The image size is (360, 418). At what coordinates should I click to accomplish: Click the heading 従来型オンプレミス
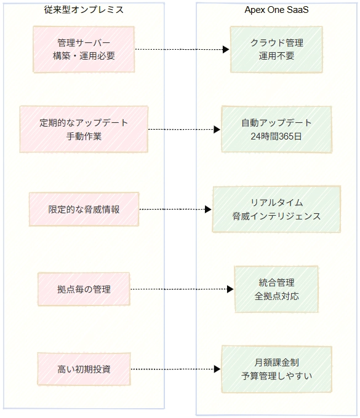coord(84,10)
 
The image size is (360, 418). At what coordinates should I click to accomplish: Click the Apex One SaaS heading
coord(276,10)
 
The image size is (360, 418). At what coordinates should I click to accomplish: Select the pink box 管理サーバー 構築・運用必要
coord(84,49)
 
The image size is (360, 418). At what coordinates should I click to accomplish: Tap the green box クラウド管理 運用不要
coord(276,49)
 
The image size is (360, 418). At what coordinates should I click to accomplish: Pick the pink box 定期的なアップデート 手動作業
coord(84,129)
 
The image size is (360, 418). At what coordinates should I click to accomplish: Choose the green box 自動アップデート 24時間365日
coord(276,129)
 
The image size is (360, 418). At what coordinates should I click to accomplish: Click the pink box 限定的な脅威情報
coord(84,209)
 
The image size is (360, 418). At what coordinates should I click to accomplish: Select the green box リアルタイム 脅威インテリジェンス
coord(276,209)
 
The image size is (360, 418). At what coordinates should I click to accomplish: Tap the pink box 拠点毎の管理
coord(84,290)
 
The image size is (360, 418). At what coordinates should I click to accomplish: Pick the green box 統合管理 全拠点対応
coord(276,290)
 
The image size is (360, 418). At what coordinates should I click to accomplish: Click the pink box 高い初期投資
coord(84,369)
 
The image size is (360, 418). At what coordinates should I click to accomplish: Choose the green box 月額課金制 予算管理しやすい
coord(276,369)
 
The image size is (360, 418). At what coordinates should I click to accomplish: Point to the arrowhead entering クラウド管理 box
coord(226,49)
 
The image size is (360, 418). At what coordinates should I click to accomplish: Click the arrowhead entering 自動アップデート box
coord(217,129)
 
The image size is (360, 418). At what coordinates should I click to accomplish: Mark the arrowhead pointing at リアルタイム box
coord(208,209)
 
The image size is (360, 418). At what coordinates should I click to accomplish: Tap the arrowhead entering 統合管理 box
coord(230,290)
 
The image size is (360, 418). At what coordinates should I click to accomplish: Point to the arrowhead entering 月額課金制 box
coord(217,369)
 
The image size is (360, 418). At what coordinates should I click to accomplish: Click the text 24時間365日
coord(276,136)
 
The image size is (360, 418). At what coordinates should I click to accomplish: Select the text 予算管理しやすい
coord(276,376)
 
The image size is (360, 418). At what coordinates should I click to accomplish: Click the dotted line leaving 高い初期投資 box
coord(175,369)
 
